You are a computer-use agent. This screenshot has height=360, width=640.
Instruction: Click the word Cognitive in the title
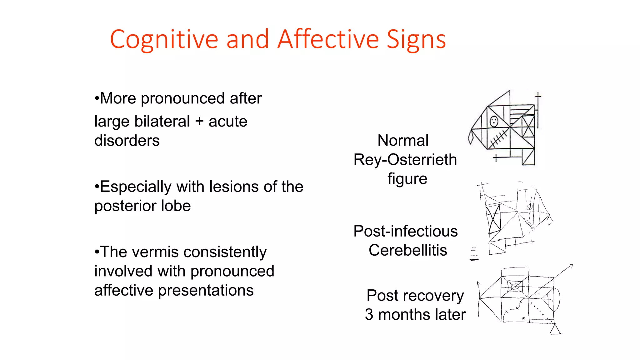click(164, 39)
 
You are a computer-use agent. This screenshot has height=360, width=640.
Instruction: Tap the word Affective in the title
click(328, 39)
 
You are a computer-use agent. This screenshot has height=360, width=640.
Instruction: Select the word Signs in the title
click(416, 39)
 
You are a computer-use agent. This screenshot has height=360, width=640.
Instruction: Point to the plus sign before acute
click(199, 121)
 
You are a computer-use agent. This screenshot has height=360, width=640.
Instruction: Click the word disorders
click(127, 141)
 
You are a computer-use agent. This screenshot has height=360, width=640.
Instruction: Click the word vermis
click(158, 252)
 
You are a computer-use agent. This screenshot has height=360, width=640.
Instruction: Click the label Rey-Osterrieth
click(405, 160)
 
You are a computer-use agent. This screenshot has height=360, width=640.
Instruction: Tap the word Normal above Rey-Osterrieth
click(403, 140)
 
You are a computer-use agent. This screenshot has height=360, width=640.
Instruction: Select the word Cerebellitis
click(408, 250)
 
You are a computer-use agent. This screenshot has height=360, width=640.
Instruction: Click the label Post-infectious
click(405, 231)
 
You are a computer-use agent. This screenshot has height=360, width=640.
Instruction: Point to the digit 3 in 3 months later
click(369, 314)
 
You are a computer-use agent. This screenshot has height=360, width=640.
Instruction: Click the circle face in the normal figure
click(494, 121)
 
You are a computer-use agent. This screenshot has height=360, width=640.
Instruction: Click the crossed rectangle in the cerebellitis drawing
click(494, 219)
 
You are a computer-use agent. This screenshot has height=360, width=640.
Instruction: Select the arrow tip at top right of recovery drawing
click(571, 266)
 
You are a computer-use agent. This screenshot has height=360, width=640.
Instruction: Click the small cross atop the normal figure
click(537, 96)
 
